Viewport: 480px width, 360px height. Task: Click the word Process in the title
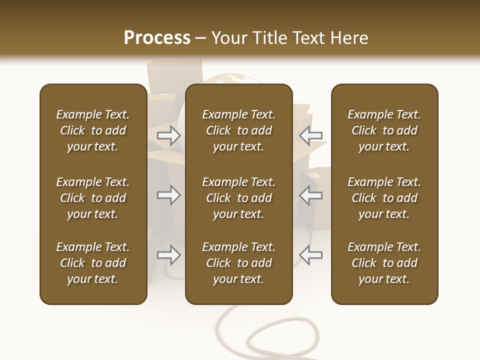[x=157, y=38]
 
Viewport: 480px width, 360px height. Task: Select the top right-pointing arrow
[x=169, y=135]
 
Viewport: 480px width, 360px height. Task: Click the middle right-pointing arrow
[x=169, y=195]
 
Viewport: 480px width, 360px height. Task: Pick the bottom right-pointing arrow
[x=169, y=255]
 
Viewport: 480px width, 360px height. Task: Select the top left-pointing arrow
[x=311, y=135]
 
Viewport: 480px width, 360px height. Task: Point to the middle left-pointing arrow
[x=311, y=195]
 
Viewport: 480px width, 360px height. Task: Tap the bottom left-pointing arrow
[x=311, y=255]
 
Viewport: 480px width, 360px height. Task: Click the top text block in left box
[x=93, y=130]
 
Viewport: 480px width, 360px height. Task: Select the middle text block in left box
[x=93, y=198]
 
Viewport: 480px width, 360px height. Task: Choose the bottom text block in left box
[x=93, y=263]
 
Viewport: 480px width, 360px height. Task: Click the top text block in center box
[x=238, y=130]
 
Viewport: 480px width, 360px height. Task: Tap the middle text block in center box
[x=238, y=198]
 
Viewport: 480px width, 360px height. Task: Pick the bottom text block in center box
[x=238, y=263]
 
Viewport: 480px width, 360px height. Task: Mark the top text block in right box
[x=384, y=130]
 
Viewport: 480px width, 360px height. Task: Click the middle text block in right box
[x=384, y=198]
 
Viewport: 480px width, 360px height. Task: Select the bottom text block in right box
[x=384, y=263]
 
